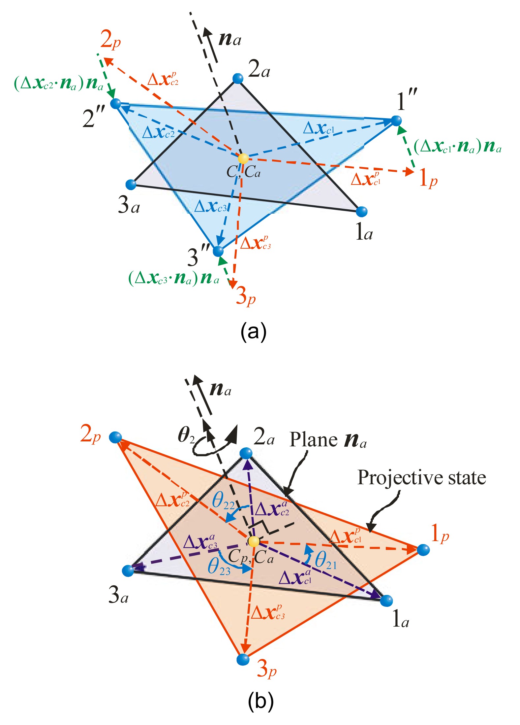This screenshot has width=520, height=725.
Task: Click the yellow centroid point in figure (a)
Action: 243,158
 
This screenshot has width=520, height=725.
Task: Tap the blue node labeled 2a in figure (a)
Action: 238,79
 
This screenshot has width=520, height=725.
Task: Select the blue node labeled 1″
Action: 396,121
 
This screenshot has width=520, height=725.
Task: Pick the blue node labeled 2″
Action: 116,103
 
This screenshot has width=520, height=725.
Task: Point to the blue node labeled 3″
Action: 218,251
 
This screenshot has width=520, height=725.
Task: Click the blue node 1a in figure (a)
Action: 362,211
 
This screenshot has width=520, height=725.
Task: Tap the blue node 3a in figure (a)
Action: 131,185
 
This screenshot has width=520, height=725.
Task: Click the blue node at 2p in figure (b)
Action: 115,437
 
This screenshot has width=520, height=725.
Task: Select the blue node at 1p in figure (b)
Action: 423,550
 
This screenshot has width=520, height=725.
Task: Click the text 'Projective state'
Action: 422,478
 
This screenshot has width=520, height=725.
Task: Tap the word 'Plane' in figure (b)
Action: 314,440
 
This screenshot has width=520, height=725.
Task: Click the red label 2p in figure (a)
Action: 111,41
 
